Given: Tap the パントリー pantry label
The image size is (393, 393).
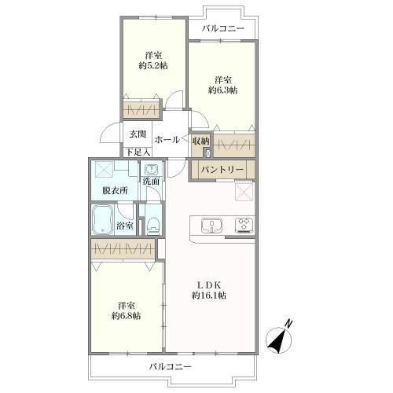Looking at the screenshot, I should (x=219, y=169).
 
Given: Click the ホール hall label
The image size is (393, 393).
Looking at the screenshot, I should (x=165, y=140).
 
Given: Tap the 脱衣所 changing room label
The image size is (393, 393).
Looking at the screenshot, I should (x=114, y=190).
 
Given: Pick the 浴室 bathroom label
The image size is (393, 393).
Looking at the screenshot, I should (x=124, y=226).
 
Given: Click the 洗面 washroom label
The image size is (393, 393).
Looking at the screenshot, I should (x=151, y=182).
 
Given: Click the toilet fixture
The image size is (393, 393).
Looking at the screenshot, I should (x=154, y=224).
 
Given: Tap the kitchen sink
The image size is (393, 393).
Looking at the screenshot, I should (x=212, y=226).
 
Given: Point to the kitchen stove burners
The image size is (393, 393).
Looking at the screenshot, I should (x=244, y=226).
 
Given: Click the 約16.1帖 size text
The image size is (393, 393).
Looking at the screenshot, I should (x=208, y=296).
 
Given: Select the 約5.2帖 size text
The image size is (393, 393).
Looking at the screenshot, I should (x=153, y=67).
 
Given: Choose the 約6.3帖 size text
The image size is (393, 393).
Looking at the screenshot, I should (x=222, y=90).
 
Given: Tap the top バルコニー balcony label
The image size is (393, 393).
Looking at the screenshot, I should (x=222, y=29).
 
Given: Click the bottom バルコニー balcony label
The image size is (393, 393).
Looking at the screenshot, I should (x=169, y=366).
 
